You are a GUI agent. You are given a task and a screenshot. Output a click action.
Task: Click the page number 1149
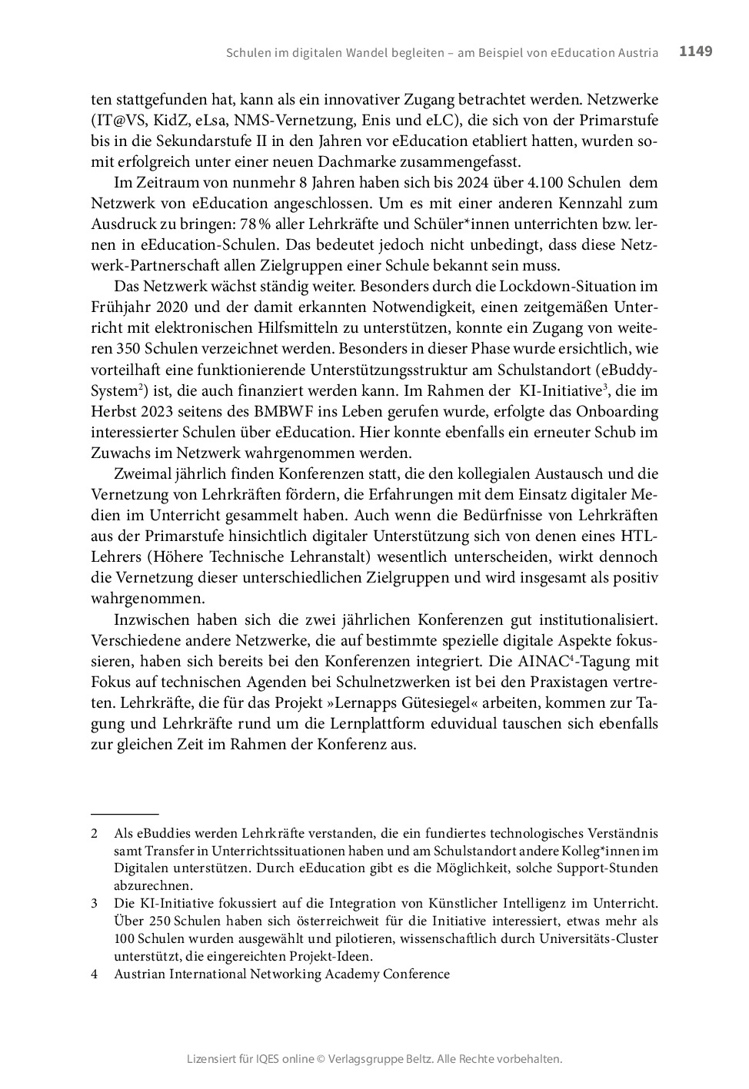(x=695, y=51)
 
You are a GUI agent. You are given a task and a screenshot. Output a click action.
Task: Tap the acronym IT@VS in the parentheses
(x=118, y=121)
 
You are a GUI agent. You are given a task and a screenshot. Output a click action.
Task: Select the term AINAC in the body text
(x=543, y=661)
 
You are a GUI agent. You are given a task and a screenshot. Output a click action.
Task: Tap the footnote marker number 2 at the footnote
(x=95, y=833)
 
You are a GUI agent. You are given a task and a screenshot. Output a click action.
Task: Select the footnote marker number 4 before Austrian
(x=95, y=974)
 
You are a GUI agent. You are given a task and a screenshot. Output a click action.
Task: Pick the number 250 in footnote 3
(x=158, y=921)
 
